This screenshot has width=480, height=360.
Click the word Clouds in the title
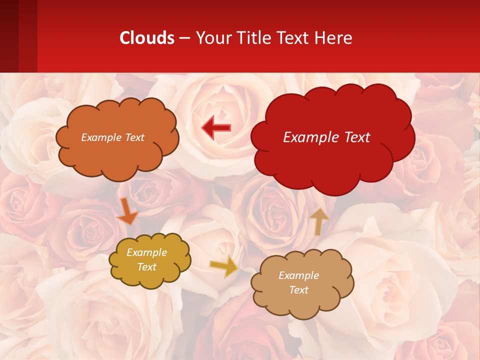[x=147, y=38]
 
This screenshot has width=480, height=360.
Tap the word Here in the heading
[x=334, y=38]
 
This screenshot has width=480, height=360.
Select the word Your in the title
[x=211, y=38]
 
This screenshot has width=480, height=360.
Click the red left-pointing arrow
[x=216, y=127]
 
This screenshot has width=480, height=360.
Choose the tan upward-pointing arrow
[x=318, y=220]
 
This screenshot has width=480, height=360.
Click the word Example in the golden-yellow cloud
[x=146, y=252]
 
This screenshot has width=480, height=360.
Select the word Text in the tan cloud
[x=298, y=290]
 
